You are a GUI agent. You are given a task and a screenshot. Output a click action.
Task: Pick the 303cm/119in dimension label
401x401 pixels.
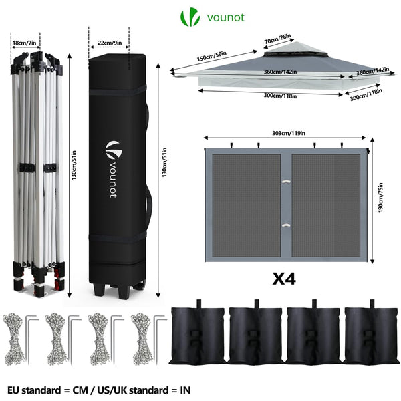(287, 132)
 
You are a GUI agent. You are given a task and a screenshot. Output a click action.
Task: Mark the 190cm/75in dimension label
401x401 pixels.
(380, 198)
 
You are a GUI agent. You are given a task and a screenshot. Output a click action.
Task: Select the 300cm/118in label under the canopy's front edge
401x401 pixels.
(281, 96)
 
